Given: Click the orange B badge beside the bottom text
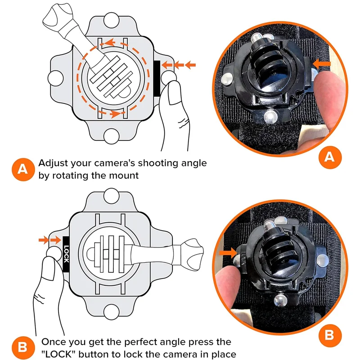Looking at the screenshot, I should [x=23, y=348].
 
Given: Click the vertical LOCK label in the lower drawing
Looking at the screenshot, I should [x=66, y=254].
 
